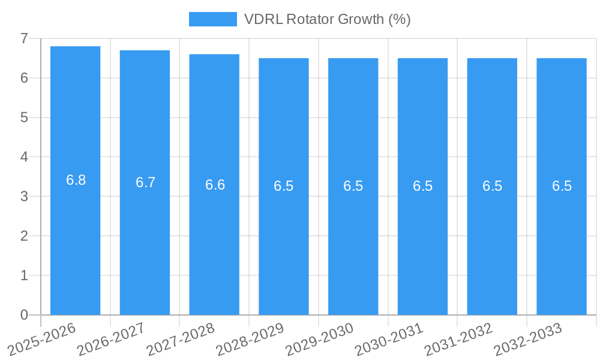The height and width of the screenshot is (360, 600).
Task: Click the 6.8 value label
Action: [76, 180]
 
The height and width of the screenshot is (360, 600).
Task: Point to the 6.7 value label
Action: [146, 182]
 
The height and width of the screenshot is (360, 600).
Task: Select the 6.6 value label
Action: [215, 185]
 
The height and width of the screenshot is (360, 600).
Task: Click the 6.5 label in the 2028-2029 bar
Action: [284, 186]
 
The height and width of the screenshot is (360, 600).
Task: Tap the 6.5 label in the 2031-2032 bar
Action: [493, 186]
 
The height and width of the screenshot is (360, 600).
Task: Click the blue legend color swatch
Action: [212, 19]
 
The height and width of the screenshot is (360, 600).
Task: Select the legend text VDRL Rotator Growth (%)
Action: [327, 19]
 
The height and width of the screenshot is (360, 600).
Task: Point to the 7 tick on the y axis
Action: [24, 38]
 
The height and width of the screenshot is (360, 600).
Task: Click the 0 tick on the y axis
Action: [24, 315]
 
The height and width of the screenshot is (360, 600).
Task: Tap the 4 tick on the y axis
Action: [24, 157]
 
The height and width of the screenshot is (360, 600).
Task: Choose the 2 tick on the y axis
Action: [24, 236]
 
